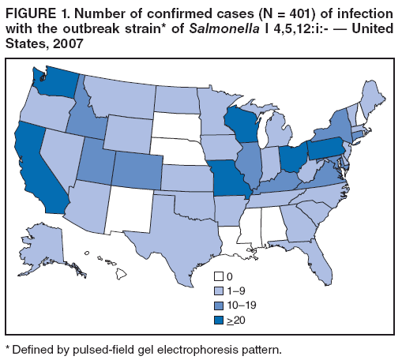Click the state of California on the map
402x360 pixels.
coord(36,169)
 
